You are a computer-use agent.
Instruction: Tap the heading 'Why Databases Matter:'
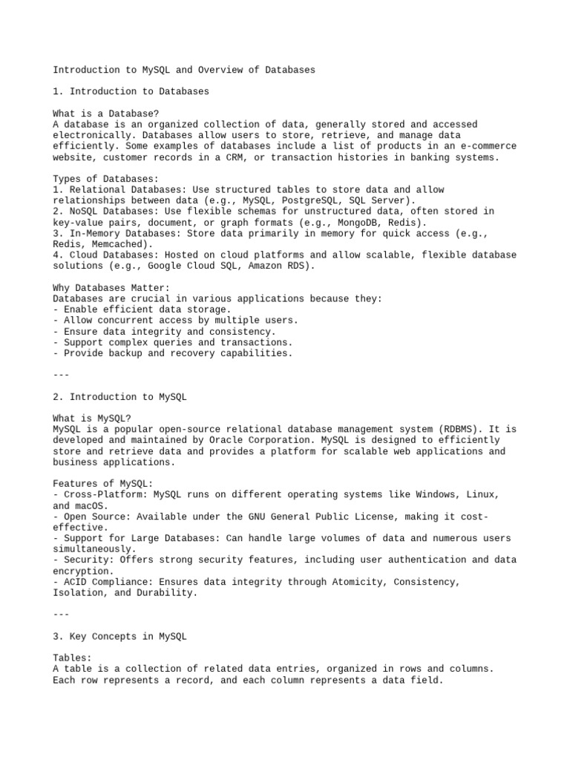[111, 287]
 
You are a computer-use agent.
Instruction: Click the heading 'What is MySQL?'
[91, 418]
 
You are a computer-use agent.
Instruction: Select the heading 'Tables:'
[72, 658]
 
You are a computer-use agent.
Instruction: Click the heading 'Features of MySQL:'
[103, 484]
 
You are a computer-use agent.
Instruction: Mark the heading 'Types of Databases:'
[105, 179]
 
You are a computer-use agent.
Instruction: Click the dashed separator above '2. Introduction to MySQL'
[61, 375]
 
